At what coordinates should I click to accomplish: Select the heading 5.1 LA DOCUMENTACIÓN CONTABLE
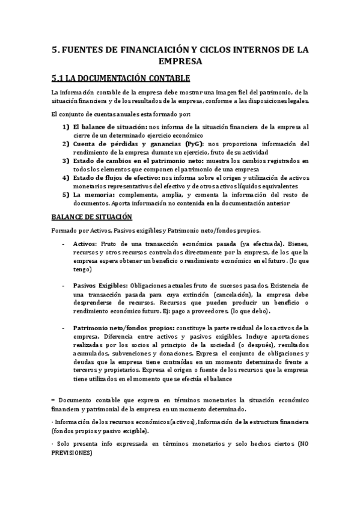[x=120, y=78]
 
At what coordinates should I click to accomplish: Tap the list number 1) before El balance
[x=66, y=127]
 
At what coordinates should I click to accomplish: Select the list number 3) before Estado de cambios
[x=66, y=161]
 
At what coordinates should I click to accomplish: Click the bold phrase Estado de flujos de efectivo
[x=117, y=178]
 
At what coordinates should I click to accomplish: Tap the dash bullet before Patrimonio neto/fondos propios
[x=64, y=328]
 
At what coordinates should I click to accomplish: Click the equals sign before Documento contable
[x=53, y=400]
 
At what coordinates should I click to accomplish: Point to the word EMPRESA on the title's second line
[x=180, y=61]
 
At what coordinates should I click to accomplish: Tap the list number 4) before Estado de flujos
[x=66, y=178]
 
